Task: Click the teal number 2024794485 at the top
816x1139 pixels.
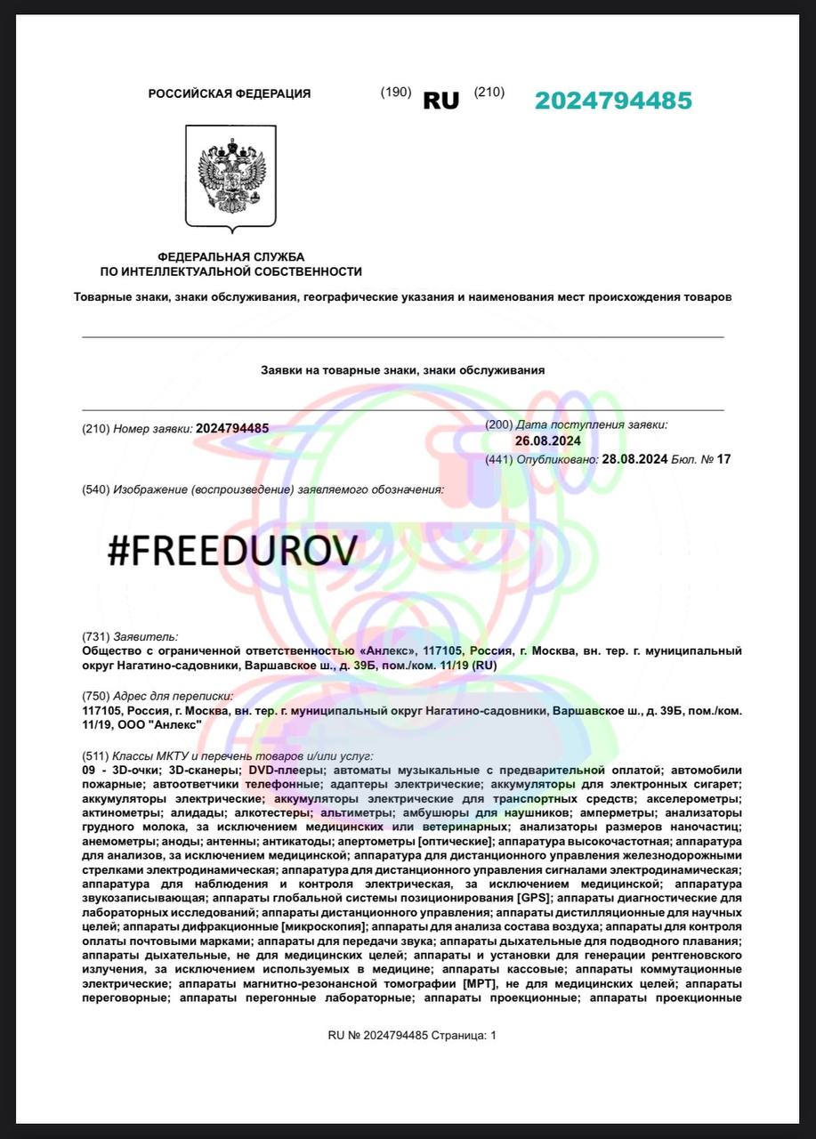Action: pyautogui.click(x=613, y=101)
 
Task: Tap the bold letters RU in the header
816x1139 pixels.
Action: pyautogui.click(x=440, y=101)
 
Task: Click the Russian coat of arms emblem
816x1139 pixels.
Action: pyautogui.click(x=230, y=177)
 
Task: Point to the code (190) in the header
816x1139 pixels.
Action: pyautogui.click(x=395, y=92)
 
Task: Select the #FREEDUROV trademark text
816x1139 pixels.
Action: pyautogui.click(x=232, y=551)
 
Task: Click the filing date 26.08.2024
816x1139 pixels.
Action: pyautogui.click(x=547, y=440)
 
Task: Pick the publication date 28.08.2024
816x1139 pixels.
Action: pyautogui.click(x=634, y=459)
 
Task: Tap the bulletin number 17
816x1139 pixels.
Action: pyautogui.click(x=723, y=459)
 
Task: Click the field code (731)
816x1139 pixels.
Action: pyautogui.click(x=95, y=636)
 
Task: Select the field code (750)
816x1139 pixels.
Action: pyautogui.click(x=95, y=696)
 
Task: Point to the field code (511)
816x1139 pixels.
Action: pyautogui.click(x=95, y=755)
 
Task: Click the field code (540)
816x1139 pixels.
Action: pyautogui.click(x=95, y=489)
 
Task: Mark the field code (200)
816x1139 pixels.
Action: pyautogui.click(x=498, y=425)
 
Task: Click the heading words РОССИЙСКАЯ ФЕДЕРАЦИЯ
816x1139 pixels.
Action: pyautogui.click(x=230, y=93)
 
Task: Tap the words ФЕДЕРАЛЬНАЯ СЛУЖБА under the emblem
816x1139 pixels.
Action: pyautogui.click(x=230, y=256)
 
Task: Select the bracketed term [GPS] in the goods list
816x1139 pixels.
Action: pyautogui.click(x=534, y=899)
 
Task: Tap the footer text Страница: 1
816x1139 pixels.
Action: pyautogui.click(x=463, y=1035)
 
